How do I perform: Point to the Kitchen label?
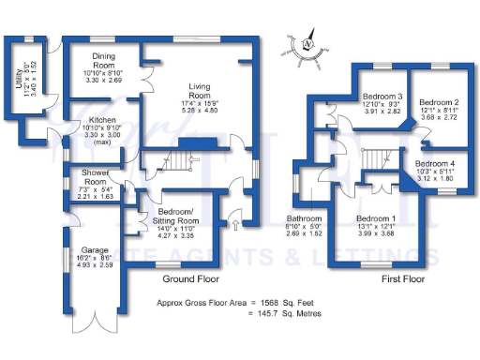[102, 121]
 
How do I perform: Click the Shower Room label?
[95, 172]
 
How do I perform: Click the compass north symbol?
[307, 44]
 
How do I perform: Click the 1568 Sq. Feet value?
[292, 304]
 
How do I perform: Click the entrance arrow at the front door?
[234, 224]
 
